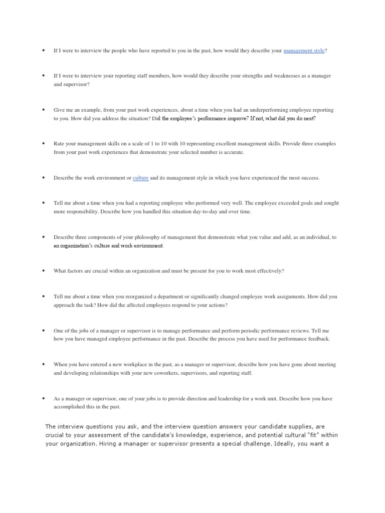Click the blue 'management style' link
point(304,51)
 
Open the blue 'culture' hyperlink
point(140,178)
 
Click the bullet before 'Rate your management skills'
point(44,144)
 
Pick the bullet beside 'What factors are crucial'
point(44,271)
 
